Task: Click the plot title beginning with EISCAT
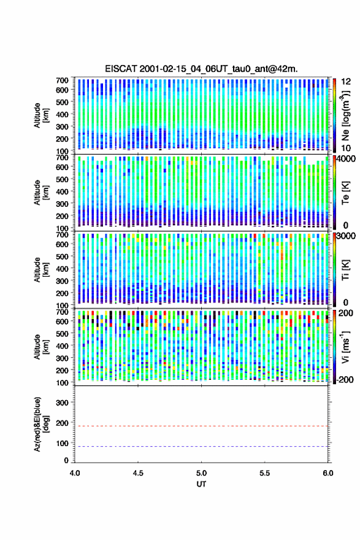tap(201, 69)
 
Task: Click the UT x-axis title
tap(201, 484)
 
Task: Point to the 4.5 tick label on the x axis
tap(138, 473)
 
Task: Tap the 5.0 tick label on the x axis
tap(201, 473)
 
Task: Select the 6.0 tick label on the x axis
tap(328, 473)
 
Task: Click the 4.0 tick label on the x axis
tap(75, 473)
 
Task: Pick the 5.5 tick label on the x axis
tap(265, 473)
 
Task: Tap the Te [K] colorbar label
tap(345, 193)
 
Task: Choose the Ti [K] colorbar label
tap(345, 269)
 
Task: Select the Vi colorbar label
tap(345, 347)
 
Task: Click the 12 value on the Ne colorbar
tap(347, 82)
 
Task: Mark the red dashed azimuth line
tap(201, 426)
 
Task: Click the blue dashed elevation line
tap(201, 446)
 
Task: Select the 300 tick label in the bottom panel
tap(63, 403)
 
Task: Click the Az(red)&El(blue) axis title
tap(42, 424)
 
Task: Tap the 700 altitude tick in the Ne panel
tap(63, 80)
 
